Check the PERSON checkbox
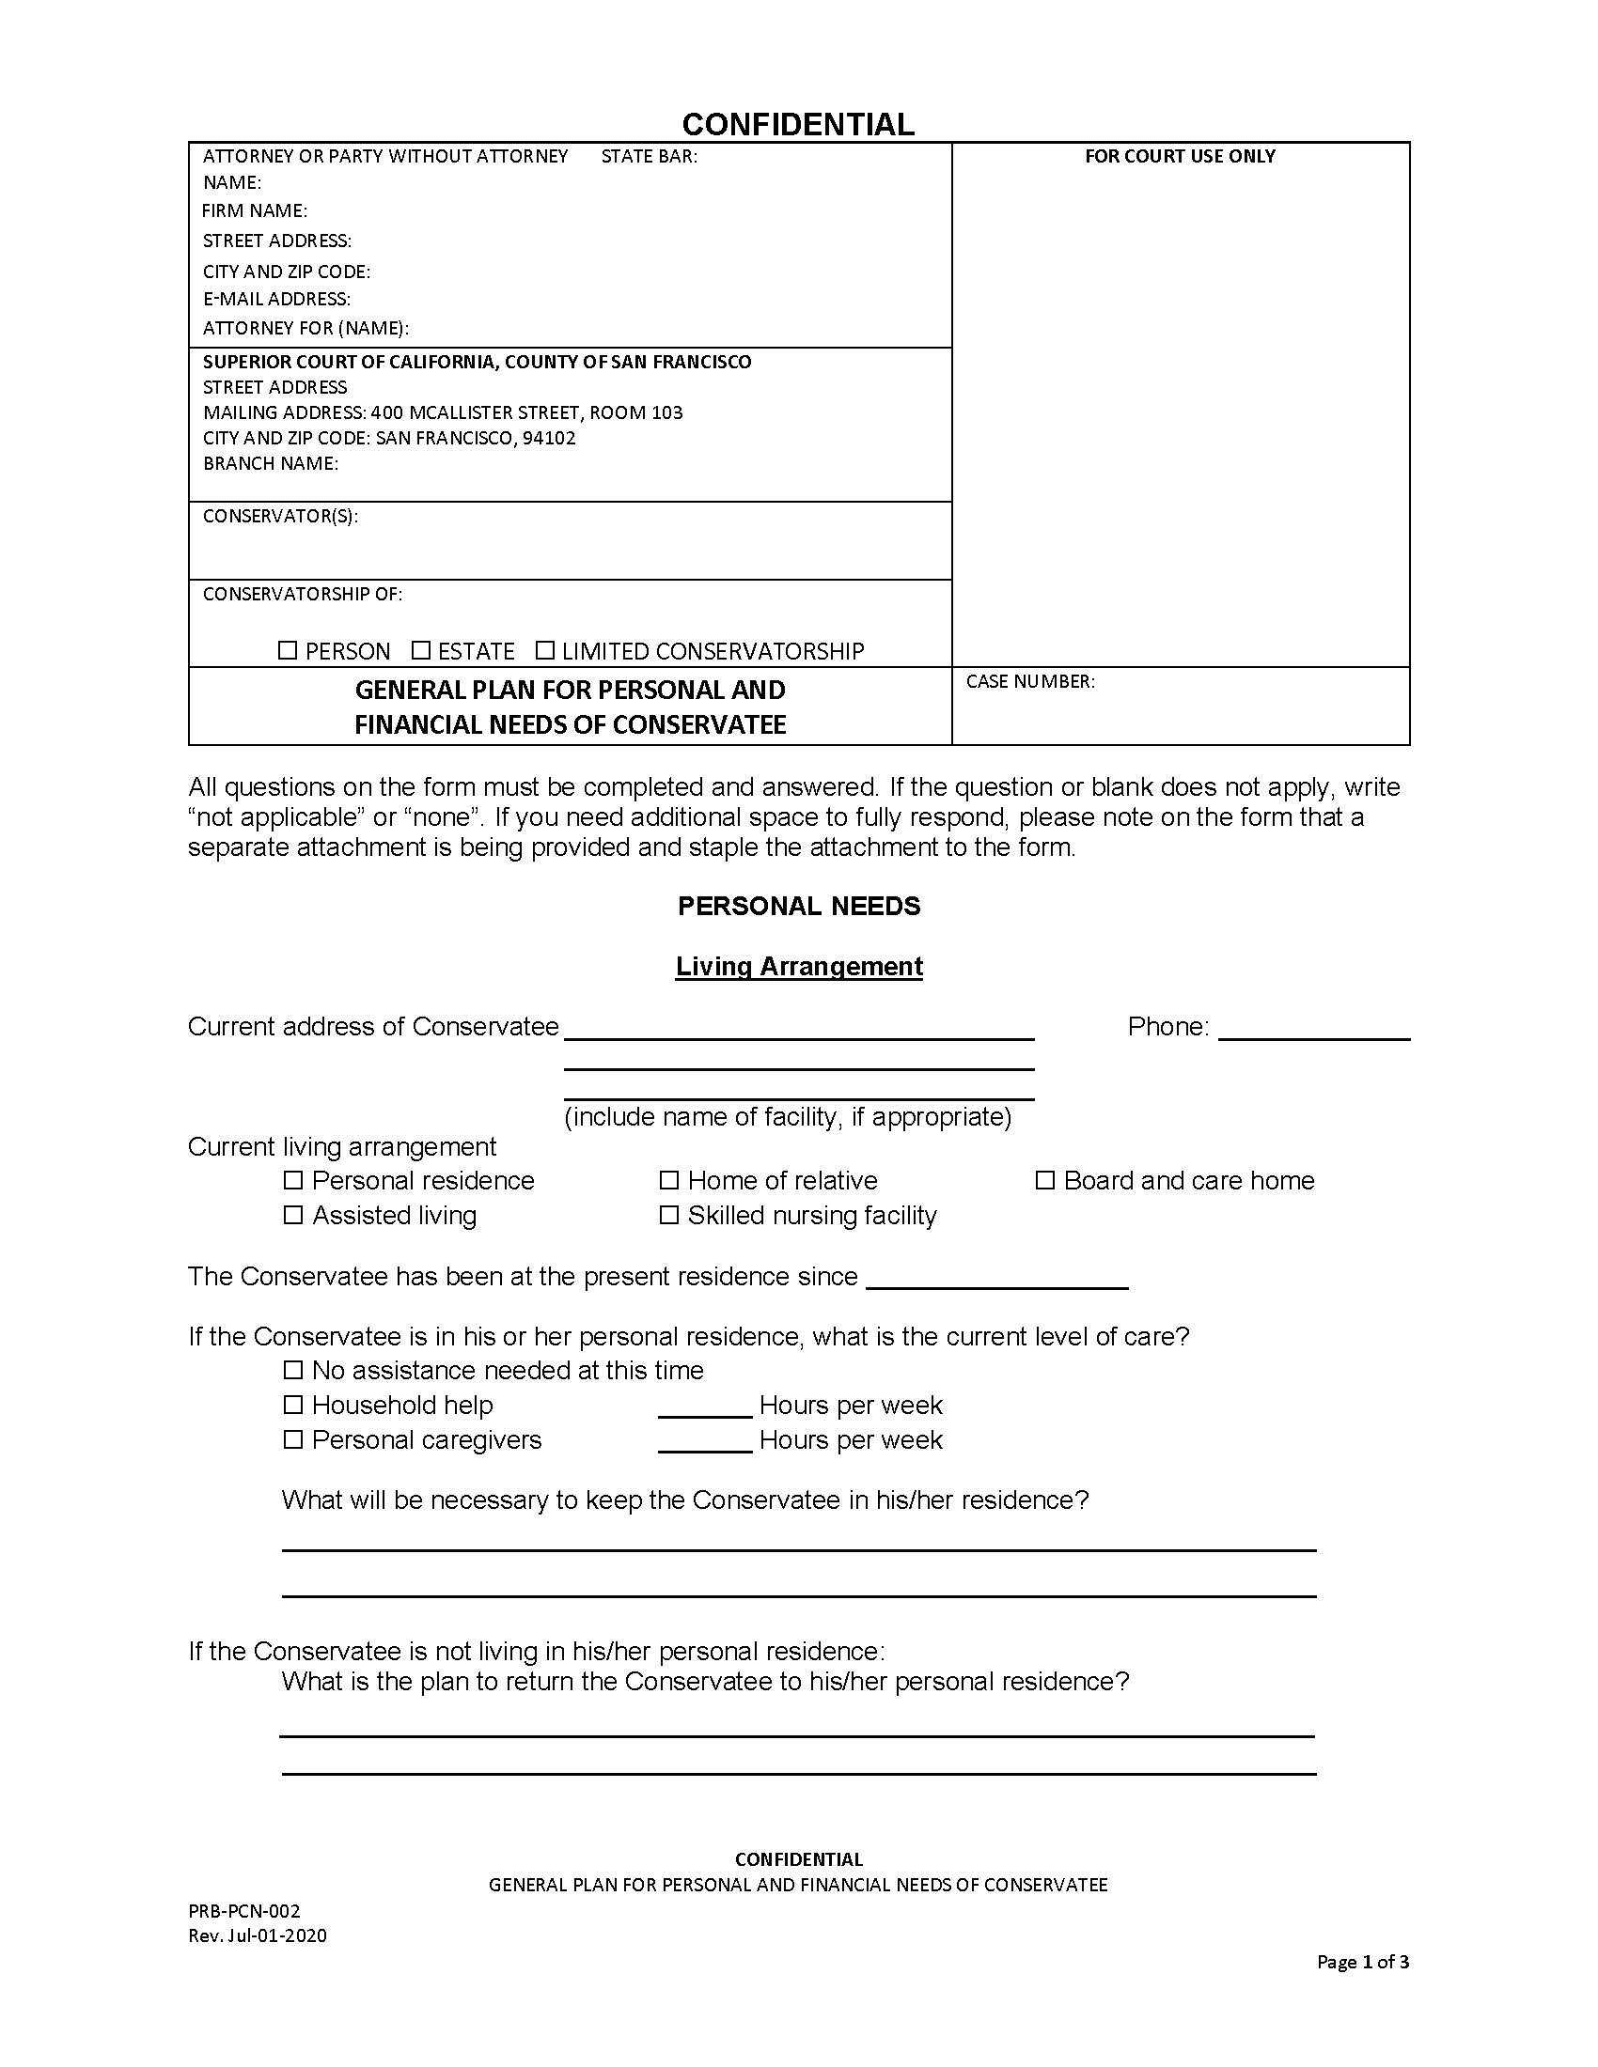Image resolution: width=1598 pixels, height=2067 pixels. point(287,650)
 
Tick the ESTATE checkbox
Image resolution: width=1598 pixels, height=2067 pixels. point(421,650)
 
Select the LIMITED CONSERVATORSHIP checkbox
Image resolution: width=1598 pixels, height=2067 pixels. point(544,650)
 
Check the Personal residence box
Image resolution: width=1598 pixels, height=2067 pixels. point(293,1180)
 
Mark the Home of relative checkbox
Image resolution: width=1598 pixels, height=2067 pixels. point(669,1180)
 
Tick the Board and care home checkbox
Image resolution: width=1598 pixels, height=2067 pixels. point(1044,1180)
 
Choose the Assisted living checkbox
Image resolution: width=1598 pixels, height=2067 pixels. point(293,1214)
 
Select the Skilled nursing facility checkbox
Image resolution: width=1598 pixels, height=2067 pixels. point(669,1214)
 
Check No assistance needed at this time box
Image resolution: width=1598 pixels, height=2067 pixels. point(293,1370)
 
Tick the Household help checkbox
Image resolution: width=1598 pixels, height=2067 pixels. point(293,1405)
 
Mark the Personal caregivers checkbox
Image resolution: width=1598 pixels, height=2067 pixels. point(293,1439)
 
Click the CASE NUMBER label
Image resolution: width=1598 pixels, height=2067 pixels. point(1030,681)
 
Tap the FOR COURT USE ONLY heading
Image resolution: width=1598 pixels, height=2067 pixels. point(1180,156)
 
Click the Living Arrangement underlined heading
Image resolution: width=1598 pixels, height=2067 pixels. point(799,966)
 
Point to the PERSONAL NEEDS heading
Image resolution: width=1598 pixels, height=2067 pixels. point(799,906)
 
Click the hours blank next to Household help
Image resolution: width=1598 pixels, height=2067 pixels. point(704,1407)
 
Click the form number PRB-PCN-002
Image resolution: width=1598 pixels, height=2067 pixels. point(244,1911)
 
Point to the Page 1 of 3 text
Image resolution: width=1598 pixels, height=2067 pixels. point(1362,1962)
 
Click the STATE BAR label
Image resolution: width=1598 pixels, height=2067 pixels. point(650,156)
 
